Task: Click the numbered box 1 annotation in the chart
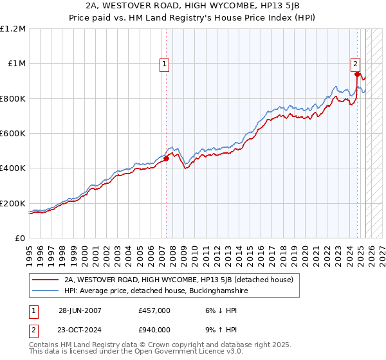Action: tap(165, 64)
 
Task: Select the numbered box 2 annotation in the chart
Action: tap(355, 64)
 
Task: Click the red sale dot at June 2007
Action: tap(167, 158)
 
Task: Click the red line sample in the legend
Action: tap(45, 280)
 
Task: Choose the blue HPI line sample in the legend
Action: tap(45, 291)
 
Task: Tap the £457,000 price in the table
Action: tap(154, 310)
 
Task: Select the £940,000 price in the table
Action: tap(154, 330)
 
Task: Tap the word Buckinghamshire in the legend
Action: tap(217, 291)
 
